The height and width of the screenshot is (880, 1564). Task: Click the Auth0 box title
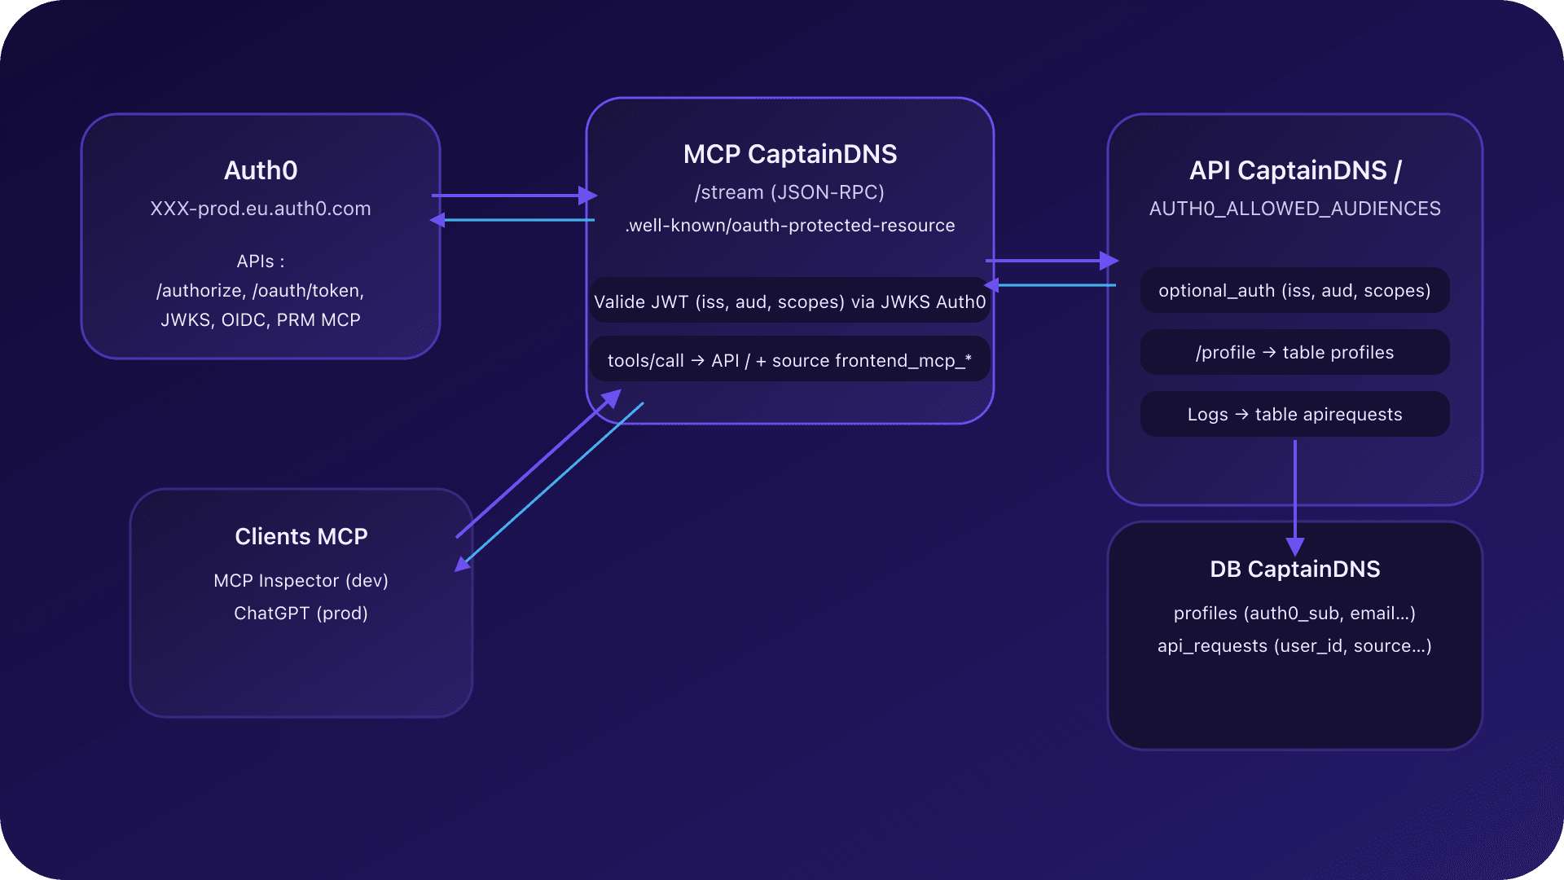pos(261,170)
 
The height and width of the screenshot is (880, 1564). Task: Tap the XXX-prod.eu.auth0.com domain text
pos(261,209)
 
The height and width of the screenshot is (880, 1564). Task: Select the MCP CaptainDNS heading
pos(789,154)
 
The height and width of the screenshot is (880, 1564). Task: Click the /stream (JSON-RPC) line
pos(789,192)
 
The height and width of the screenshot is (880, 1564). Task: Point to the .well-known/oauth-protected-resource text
pos(789,226)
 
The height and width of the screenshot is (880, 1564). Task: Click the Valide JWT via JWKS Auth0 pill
pos(789,302)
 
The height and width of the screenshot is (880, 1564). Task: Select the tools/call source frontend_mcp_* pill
pos(789,361)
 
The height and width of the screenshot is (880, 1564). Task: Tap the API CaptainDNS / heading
pos(1294,170)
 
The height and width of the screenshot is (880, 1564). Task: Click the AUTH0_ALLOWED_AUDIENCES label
pos(1294,209)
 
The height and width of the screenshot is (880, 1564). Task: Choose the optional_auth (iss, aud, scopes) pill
pos(1294,291)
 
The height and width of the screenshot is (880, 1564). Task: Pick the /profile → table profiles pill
pos(1294,353)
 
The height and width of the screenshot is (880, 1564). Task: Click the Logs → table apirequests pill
pos(1294,415)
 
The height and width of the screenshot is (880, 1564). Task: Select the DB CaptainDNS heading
pos(1294,569)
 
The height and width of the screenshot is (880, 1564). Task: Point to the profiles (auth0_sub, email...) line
pos(1294,614)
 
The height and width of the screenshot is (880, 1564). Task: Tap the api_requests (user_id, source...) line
pos(1294,646)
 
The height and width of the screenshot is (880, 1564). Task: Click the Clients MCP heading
pos(301,537)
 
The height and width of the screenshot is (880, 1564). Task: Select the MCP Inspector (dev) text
pos(301,581)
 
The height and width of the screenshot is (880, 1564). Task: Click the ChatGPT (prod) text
pos(301,614)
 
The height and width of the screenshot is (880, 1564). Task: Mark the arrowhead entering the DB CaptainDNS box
pos(1294,547)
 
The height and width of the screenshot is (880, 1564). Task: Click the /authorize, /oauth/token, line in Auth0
pos(261,291)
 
